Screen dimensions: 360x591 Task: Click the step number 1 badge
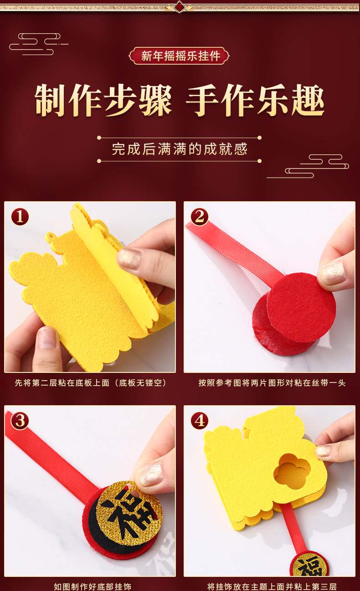20,217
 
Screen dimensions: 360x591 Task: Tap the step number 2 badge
200,217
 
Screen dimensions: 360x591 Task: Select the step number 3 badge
20,421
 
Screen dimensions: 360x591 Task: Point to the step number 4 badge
200,421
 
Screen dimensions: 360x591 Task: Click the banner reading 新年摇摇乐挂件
180,56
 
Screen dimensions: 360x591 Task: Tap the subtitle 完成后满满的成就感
180,149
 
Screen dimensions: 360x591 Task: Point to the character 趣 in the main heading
308,100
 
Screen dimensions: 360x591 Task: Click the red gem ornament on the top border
180,6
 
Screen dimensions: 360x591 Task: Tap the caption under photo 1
90,383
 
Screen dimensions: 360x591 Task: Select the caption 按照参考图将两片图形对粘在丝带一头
272,383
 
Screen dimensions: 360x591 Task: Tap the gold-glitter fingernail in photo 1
129,258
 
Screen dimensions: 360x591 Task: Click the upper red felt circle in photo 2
301,308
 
